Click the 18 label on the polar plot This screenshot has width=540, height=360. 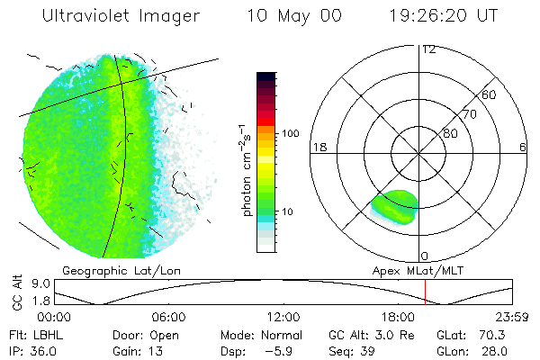pos(318,147)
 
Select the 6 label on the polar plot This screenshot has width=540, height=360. pos(523,147)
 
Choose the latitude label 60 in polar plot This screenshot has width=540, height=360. pos(490,94)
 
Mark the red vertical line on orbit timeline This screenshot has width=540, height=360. pos(425,292)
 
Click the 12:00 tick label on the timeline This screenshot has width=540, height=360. pos(283,317)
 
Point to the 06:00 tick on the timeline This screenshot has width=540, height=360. pos(169,317)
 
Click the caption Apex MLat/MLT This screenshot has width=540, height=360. pos(414,269)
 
